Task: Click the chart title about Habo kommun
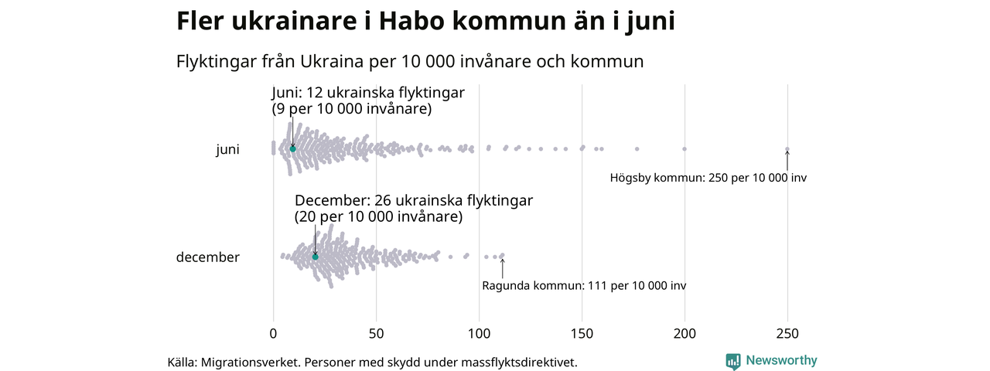[x=425, y=22]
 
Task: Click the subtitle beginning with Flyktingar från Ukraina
[x=410, y=61]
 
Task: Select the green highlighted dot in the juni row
[x=292, y=148]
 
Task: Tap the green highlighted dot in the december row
[x=315, y=257]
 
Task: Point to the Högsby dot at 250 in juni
[x=787, y=149]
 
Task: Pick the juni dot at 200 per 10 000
[x=684, y=148]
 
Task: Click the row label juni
[x=227, y=150]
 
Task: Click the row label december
[x=208, y=257]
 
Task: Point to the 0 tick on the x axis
[x=273, y=334]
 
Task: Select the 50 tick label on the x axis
[x=376, y=334]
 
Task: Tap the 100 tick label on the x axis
[x=479, y=334]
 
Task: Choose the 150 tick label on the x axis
[x=582, y=334]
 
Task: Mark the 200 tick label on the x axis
[x=684, y=334]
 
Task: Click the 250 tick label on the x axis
[x=787, y=334]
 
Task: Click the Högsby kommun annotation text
[x=708, y=178]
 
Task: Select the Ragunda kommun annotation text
[x=584, y=286]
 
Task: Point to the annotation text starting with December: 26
[x=414, y=209]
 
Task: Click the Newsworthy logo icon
[x=733, y=361]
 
